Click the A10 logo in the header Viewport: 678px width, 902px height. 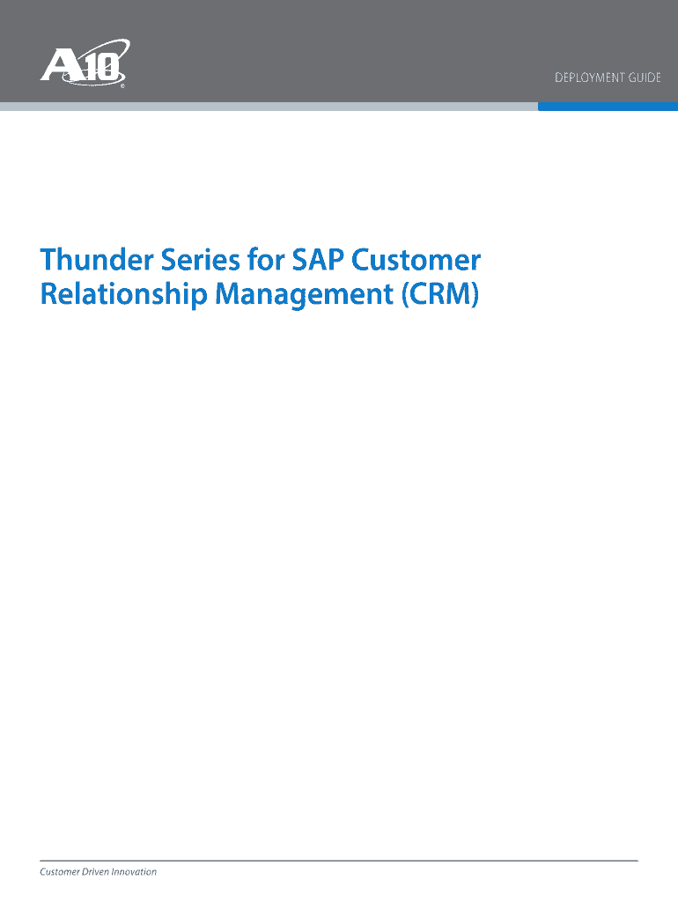coord(85,63)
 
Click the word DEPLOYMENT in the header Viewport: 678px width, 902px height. coord(589,78)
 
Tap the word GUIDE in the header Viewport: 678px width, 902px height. coord(645,78)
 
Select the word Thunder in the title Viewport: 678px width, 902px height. coord(97,260)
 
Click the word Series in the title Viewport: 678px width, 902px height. coord(200,260)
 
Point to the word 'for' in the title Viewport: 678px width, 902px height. coord(266,260)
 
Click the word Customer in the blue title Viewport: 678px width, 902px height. coord(416,260)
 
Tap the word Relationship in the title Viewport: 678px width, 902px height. coord(123,294)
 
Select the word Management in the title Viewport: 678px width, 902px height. coord(304,294)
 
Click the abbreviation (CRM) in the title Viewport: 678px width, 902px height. coord(440,294)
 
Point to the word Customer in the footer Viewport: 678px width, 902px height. coord(60,872)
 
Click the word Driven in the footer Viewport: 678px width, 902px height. coord(95,872)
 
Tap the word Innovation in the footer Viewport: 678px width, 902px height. coord(134,872)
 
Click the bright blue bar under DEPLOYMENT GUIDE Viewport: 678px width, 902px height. coord(608,107)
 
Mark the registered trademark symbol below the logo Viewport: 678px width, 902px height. coord(122,86)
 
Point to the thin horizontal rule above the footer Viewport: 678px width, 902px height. coord(339,861)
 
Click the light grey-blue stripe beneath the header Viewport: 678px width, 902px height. coord(269,107)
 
